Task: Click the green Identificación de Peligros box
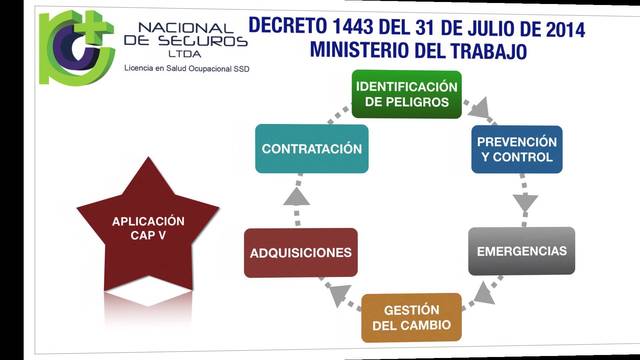tap(406, 94)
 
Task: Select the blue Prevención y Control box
tap(516, 150)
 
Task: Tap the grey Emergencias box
tap(521, 251)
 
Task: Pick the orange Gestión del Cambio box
tap(411, 317)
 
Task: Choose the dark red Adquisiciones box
tap(301, 252)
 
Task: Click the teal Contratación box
tap(311, 149)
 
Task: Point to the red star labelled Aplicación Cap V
tap(148, 228)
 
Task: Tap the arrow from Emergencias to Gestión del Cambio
tap(482, 291)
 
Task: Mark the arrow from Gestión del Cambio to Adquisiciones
tap(338, 293)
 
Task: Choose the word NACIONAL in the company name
tap(186, 29)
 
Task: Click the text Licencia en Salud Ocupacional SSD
tap(186, 69)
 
